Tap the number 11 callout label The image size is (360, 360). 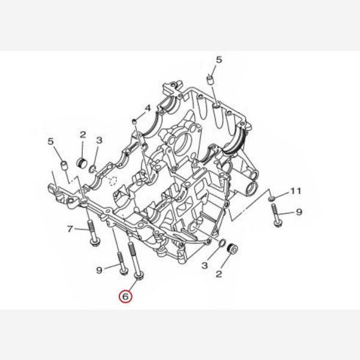294,192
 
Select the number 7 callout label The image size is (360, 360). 70,229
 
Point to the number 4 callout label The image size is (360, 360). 146,109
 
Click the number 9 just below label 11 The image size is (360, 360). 299,212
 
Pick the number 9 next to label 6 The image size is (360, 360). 99,271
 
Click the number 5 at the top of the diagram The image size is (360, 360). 218,59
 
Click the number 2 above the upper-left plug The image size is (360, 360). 83,134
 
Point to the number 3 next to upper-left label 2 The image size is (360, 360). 99,140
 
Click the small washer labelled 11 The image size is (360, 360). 271,197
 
